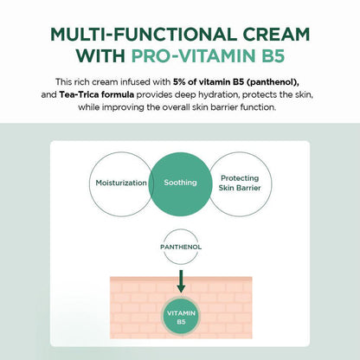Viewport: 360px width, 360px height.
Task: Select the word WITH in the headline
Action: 100,56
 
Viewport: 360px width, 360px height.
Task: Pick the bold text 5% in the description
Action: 179,82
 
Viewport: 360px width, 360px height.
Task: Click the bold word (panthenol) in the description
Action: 273,82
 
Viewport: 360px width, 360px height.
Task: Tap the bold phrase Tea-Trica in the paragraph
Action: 77,94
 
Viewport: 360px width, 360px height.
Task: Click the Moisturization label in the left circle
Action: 121,183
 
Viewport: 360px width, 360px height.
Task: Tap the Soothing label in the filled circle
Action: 180,183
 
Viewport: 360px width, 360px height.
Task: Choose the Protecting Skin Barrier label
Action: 240,183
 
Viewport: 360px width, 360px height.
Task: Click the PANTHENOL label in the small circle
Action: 181,247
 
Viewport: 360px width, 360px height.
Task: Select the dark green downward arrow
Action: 181,281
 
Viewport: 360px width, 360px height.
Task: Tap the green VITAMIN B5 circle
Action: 181,316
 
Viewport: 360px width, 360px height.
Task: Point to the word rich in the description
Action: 80,82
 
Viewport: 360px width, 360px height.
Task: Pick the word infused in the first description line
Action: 135,82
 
